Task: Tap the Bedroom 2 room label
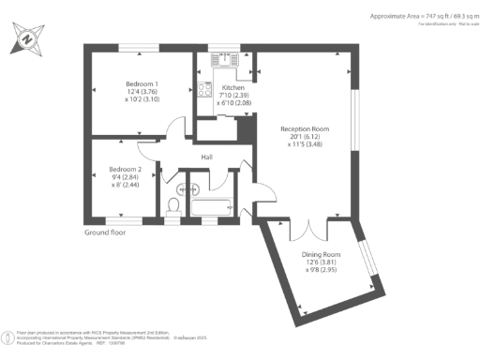[x=125, y=169]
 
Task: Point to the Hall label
[x=208, y=157]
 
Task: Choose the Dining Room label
[x=321, y=255]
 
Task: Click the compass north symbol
[x=25, y=39]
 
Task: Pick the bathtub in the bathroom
[x=210, y=207]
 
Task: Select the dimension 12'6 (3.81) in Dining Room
[x=321, y=263]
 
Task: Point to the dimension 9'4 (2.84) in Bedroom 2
[x=125, y=177]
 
